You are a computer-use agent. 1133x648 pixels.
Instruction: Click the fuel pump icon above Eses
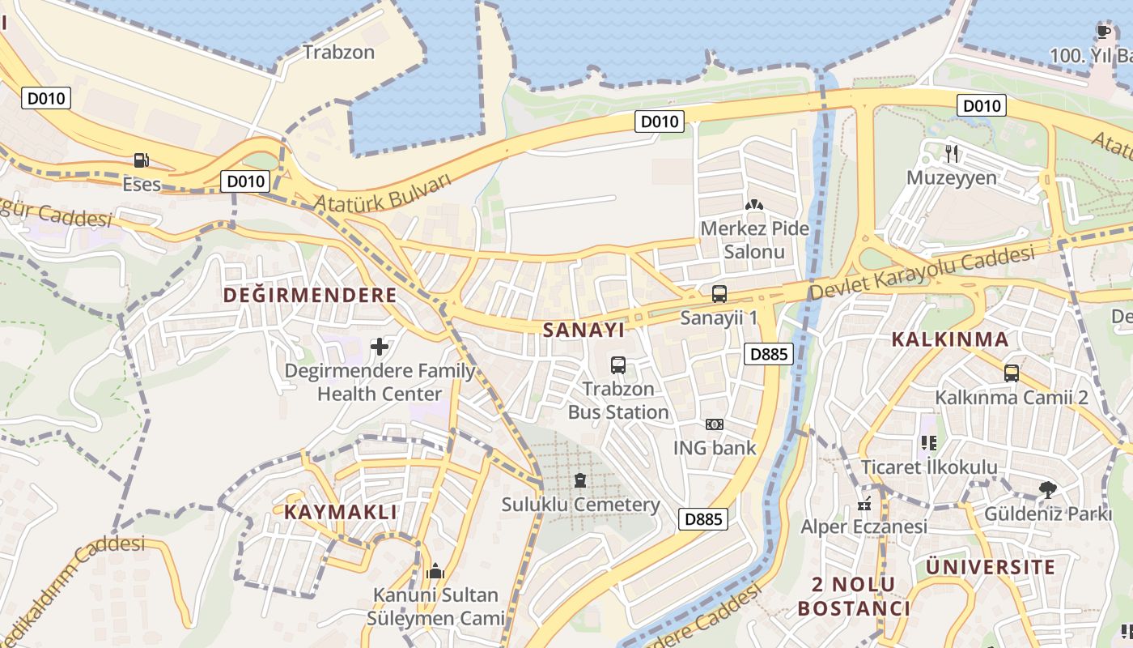(x=142, y=160)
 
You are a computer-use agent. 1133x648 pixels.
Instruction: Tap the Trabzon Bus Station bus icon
(x=618, y=365)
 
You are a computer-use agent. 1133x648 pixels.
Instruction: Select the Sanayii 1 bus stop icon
(x=719, y=294)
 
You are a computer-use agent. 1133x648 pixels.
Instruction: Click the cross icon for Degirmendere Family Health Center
(x=380, y=347)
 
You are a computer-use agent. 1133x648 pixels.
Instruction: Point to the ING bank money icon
(x=715, y=424)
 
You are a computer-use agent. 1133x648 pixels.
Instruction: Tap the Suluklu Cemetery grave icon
(x=579, y=481)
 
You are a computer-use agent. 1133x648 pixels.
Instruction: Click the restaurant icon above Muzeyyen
(x=952, y=153)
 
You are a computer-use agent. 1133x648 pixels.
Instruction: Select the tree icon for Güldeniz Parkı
(x=1048, y=489)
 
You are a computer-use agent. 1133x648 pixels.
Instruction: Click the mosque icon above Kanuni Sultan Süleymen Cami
(x=435, y=571)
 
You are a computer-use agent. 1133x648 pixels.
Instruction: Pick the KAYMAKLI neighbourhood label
(x=341, y=512)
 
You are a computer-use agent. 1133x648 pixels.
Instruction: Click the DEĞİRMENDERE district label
(x=310, y=295)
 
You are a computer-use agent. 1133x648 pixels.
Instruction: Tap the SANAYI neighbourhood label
(x=583, y=330)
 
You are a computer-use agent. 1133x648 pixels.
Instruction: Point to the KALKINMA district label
(x=950, y=339)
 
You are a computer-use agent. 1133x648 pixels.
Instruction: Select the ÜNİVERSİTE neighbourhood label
(x=991, y=567)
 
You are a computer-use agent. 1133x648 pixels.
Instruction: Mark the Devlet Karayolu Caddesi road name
(x=923, y=272)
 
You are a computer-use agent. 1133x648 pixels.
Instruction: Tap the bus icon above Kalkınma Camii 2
(x=1011, y=373)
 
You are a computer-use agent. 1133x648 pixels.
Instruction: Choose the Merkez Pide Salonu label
(x=754, y=240)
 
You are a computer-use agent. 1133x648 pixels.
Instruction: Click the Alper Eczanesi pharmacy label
(x=864, y=527)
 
